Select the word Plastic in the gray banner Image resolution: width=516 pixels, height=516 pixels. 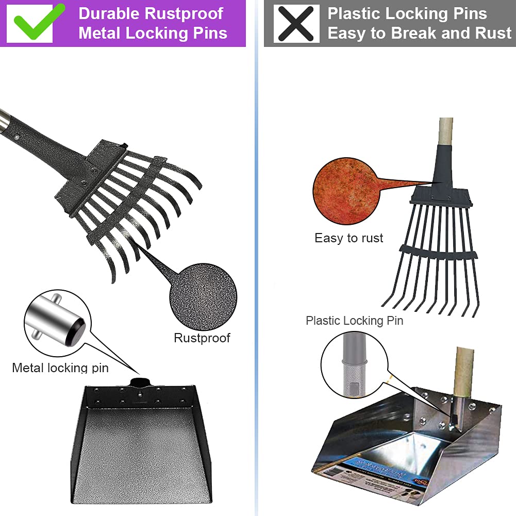tap(354, 13)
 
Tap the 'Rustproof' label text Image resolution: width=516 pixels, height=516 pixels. tap(202, 338)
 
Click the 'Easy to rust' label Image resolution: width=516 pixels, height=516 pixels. tap(349, 238)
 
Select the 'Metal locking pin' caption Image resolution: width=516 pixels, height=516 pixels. tap(60, 368)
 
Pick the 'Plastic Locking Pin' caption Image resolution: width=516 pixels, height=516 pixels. tap(355, 321)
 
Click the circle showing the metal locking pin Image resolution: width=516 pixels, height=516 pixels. tap(57, 323)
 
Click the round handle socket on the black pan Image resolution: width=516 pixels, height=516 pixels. tap(140, 382)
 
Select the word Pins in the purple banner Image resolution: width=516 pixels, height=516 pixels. tap(206, 34)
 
